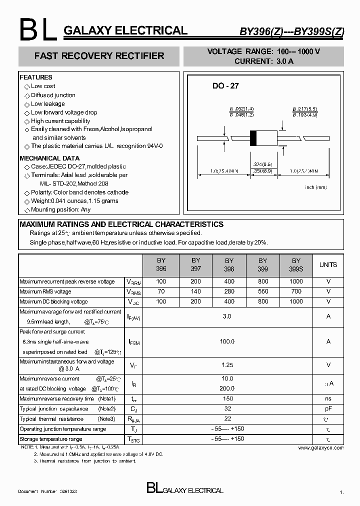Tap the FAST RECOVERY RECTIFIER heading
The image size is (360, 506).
point(99,56)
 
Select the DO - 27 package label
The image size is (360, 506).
point(225,86)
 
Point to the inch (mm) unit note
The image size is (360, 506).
point(316,187)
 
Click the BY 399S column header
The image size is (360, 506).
point(296,264)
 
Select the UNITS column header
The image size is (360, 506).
point(328,265)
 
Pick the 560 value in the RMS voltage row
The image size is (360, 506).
point(263,291)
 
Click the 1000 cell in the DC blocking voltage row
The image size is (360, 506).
point(296,301)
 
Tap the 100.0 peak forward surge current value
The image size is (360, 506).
point(227,341)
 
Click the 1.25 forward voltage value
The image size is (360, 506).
point(227,365)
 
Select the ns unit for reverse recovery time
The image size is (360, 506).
point(328,399)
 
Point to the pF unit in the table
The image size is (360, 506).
point(328,409)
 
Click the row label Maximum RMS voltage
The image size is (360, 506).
point(45,291)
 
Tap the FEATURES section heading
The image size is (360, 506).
point(36,77)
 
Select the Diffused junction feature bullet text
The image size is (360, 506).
point(53,95)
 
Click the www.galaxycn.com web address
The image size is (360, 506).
point(321,448)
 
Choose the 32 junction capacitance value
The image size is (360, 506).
point(227,409)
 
